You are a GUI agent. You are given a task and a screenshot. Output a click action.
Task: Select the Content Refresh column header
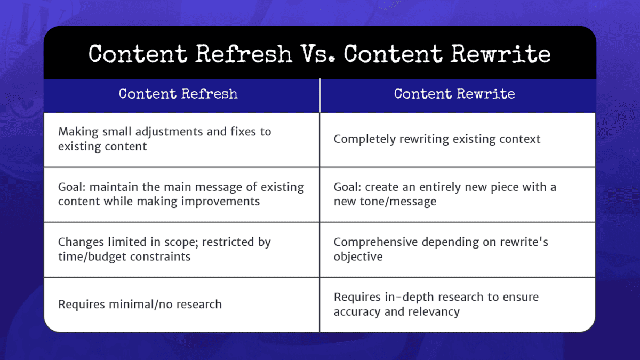click(178, 94)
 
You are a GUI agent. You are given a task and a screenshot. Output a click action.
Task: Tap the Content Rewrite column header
click(454, 94)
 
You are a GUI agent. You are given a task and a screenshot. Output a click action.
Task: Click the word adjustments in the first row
click(167, 132)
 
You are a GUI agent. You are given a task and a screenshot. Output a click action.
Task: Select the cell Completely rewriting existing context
click(437, 139)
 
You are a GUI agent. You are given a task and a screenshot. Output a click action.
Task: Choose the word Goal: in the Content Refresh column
click(73, 187)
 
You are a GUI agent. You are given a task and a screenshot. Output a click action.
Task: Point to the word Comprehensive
click(375, 242)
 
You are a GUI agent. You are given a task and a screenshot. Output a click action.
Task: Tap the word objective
click(358, 257)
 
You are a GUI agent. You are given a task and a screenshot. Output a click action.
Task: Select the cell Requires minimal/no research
click(140, 305)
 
